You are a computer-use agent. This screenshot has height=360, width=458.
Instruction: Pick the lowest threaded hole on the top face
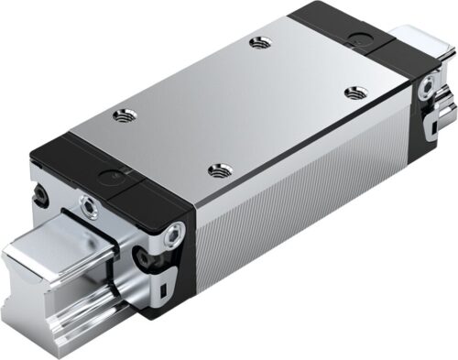(x=217, y=168)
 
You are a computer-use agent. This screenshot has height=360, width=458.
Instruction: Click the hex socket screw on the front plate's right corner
(x=173, y=236)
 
